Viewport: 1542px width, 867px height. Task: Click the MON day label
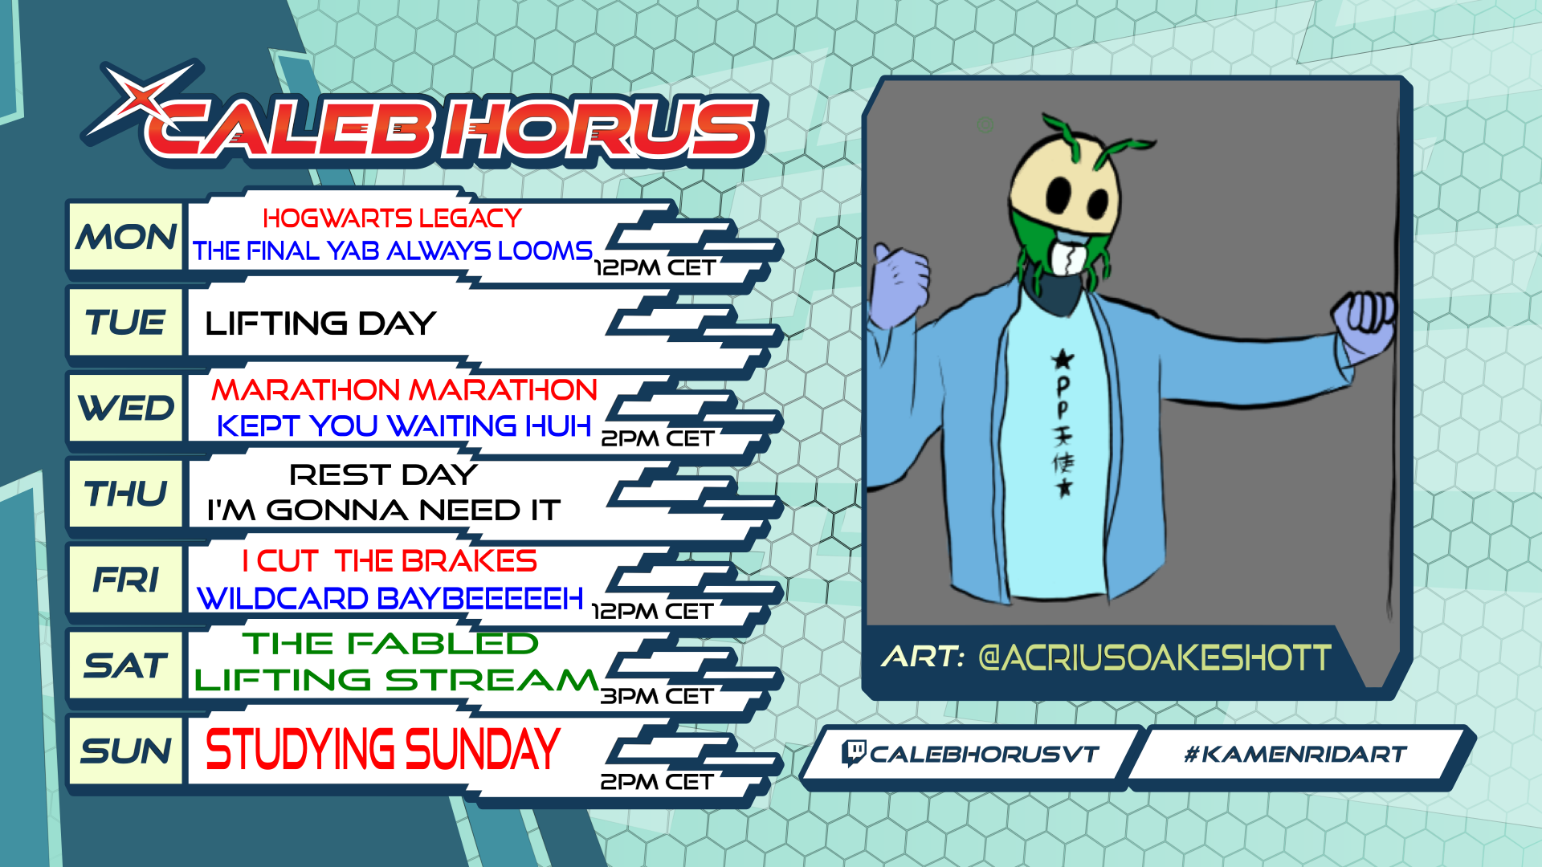[126, 237]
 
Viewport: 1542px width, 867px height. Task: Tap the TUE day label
[126, 323]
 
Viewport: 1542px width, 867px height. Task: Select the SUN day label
[126, 751]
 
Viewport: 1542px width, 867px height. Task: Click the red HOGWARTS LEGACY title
[392, 218]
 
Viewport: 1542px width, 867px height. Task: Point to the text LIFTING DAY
[320, 324]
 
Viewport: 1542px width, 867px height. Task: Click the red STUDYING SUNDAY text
[382, 749]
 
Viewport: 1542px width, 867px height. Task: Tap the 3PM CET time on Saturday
[657, 696]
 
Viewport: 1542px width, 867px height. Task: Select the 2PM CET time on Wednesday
[658, 438]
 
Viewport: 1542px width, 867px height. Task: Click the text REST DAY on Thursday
[383, 474]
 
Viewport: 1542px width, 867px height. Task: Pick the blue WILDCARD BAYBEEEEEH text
[390, 598]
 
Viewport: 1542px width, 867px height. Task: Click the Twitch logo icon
[853, 753]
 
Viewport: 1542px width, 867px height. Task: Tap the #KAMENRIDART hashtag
[1295, 755]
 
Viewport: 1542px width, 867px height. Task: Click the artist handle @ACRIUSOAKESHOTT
[1154, 658]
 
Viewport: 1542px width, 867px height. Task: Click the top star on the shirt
[1063, 359]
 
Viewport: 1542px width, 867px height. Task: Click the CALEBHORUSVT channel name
[984, 755]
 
